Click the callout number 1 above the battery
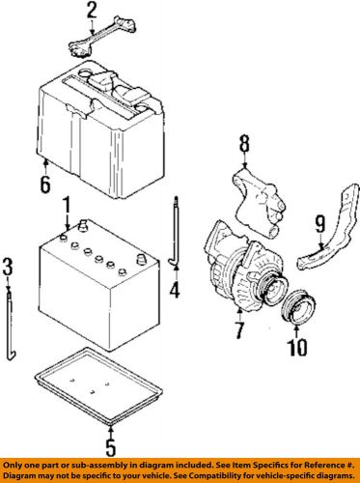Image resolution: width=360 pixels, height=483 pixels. tap(66, 206)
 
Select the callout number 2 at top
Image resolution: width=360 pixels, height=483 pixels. tap(92, 12)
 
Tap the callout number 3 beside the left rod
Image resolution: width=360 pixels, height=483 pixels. tap(8, 266)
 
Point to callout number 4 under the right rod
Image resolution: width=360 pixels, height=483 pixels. tap(175, 288)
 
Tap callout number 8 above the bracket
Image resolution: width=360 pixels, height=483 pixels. tap(244, 144)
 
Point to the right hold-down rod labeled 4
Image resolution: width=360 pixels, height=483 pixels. tap(174, 233)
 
